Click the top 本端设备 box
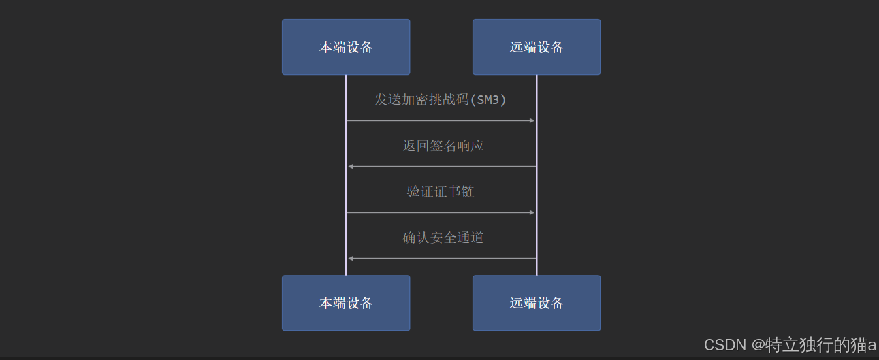pyautogui.click(x=346, y=47)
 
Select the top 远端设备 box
pyautogui.click(x=537, y=47)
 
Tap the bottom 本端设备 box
pyautogui.click(x=346, y=303)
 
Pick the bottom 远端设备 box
pyautogui.click(x=537, y=303)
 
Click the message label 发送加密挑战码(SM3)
pyautogui.click(x=441, y=100)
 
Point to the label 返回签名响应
pyautogui.click(x=443, y=146)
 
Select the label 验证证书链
pyautogui.click(x=441, y=191)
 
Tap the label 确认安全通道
pyautogui.click(x=443, y=238)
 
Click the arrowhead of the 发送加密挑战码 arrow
pyautogui.click(x=532, y=120)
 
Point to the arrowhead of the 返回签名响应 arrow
pyautogui.click(x=351, y=167)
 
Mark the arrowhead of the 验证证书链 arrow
pyautogui.click(x=532, y=212)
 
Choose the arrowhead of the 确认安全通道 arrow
pyautogui.click(x=351, y=259)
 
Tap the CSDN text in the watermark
pyautogui.click(x=725, y=345)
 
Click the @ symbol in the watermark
pyautogui.click(x=758, y=345)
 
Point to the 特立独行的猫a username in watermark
pyautogui.click(x=820, y=345)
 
